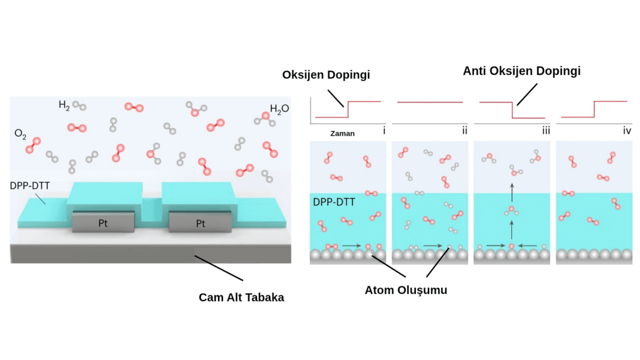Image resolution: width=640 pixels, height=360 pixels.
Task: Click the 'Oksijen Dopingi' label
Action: [326, 75]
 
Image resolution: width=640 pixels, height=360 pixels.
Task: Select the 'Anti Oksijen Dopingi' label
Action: [521, 71]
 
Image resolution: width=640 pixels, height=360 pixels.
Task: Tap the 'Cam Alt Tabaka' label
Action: [241, 297]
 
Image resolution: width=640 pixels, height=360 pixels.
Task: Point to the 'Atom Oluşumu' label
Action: [406, 290]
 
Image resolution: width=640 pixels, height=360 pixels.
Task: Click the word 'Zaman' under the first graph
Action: [342, 134]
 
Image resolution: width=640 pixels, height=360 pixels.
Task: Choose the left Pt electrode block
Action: [103, 223]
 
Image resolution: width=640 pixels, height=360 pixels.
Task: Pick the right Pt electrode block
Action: [200, 223]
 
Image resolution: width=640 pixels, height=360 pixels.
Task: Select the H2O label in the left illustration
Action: [279, 109]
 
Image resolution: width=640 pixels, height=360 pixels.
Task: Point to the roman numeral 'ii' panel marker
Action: [464, 130]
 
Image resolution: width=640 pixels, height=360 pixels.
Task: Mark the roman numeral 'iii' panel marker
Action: [545, 130]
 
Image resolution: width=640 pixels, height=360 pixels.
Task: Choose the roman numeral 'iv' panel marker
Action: [626, 130]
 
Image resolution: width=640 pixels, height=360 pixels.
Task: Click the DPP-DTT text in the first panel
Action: [334, 202]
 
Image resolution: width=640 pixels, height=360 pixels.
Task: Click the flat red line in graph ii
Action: [430, 102]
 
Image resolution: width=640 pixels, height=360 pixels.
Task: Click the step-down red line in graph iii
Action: [513, 110]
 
